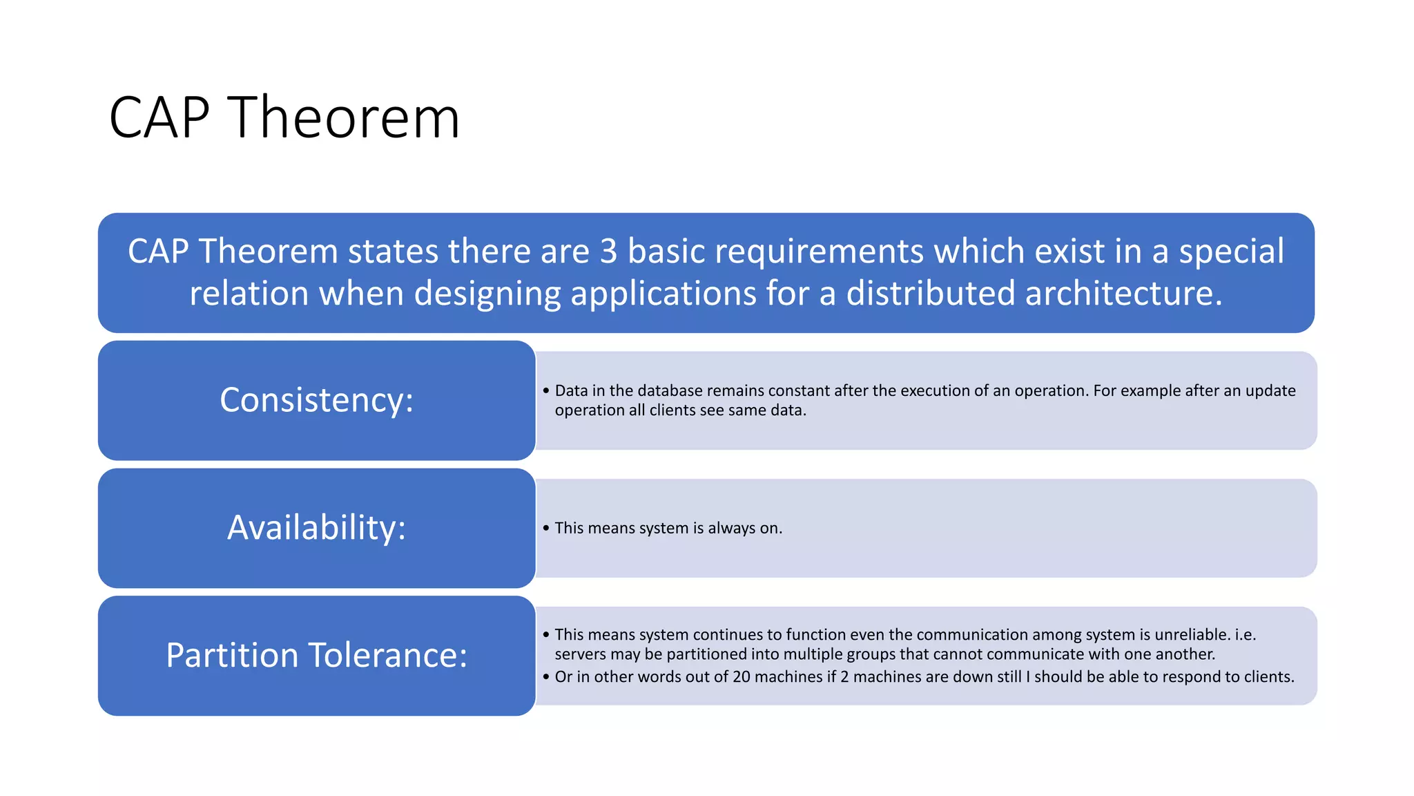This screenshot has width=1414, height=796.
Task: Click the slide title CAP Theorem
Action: click(284, 118)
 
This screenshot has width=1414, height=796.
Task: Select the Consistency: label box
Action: click(316, 400)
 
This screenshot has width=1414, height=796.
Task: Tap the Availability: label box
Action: click(316, 528)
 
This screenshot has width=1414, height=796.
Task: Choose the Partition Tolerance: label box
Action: click(316, 656)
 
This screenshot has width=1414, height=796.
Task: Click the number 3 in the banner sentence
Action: click(608, 251)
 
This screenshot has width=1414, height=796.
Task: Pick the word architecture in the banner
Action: click(1123, 293)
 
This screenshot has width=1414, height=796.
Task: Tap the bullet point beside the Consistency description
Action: click(546, 390)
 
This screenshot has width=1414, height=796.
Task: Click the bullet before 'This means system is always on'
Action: click(546, 528)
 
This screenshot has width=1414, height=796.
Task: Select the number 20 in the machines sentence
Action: click(741, 676)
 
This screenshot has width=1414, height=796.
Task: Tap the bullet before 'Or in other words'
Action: click(546, 676)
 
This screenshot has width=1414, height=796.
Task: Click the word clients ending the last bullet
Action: click(1268, 676)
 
